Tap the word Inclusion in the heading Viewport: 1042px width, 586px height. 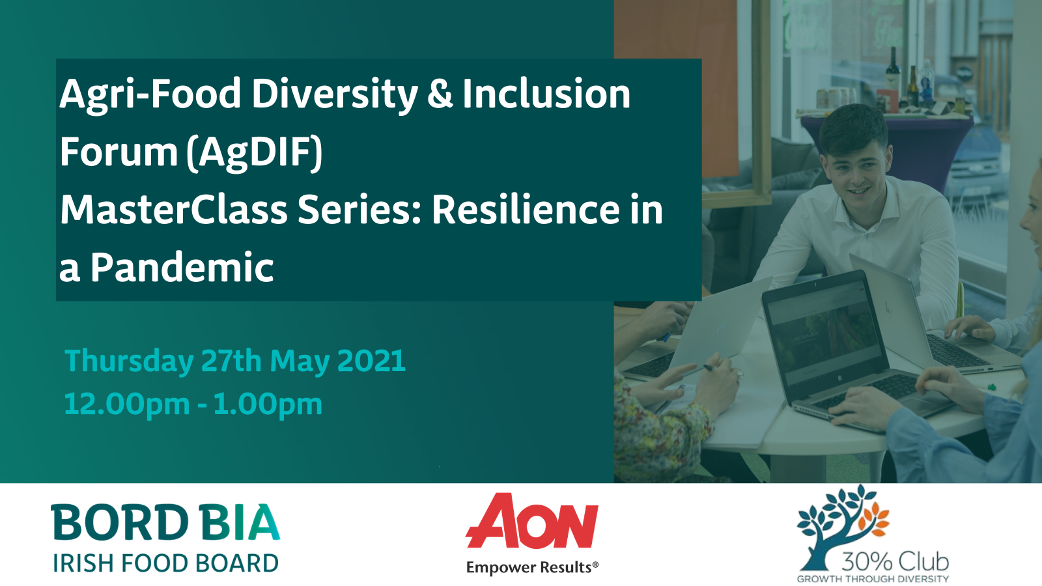click(546, 94)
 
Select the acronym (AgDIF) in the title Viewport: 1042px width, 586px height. click(255, 152)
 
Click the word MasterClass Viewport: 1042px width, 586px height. click(174, 210)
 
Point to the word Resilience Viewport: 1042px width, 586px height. click(526, 210)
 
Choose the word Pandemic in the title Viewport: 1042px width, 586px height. click(182, 268)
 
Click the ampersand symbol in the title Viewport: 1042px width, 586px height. click(440, 94)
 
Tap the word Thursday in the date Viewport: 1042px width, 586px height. click(129, 361)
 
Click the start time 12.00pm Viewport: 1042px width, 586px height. click(126, 404)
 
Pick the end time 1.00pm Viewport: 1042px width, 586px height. click(268, 404)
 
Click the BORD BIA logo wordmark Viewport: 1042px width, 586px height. click(165, 522)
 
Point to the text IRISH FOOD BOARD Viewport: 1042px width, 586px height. click(165, 563)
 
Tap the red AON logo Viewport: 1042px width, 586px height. click(531, 521)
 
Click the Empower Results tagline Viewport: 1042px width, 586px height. click(532, 567)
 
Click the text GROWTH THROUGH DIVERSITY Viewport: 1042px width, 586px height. click(873, 579)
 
